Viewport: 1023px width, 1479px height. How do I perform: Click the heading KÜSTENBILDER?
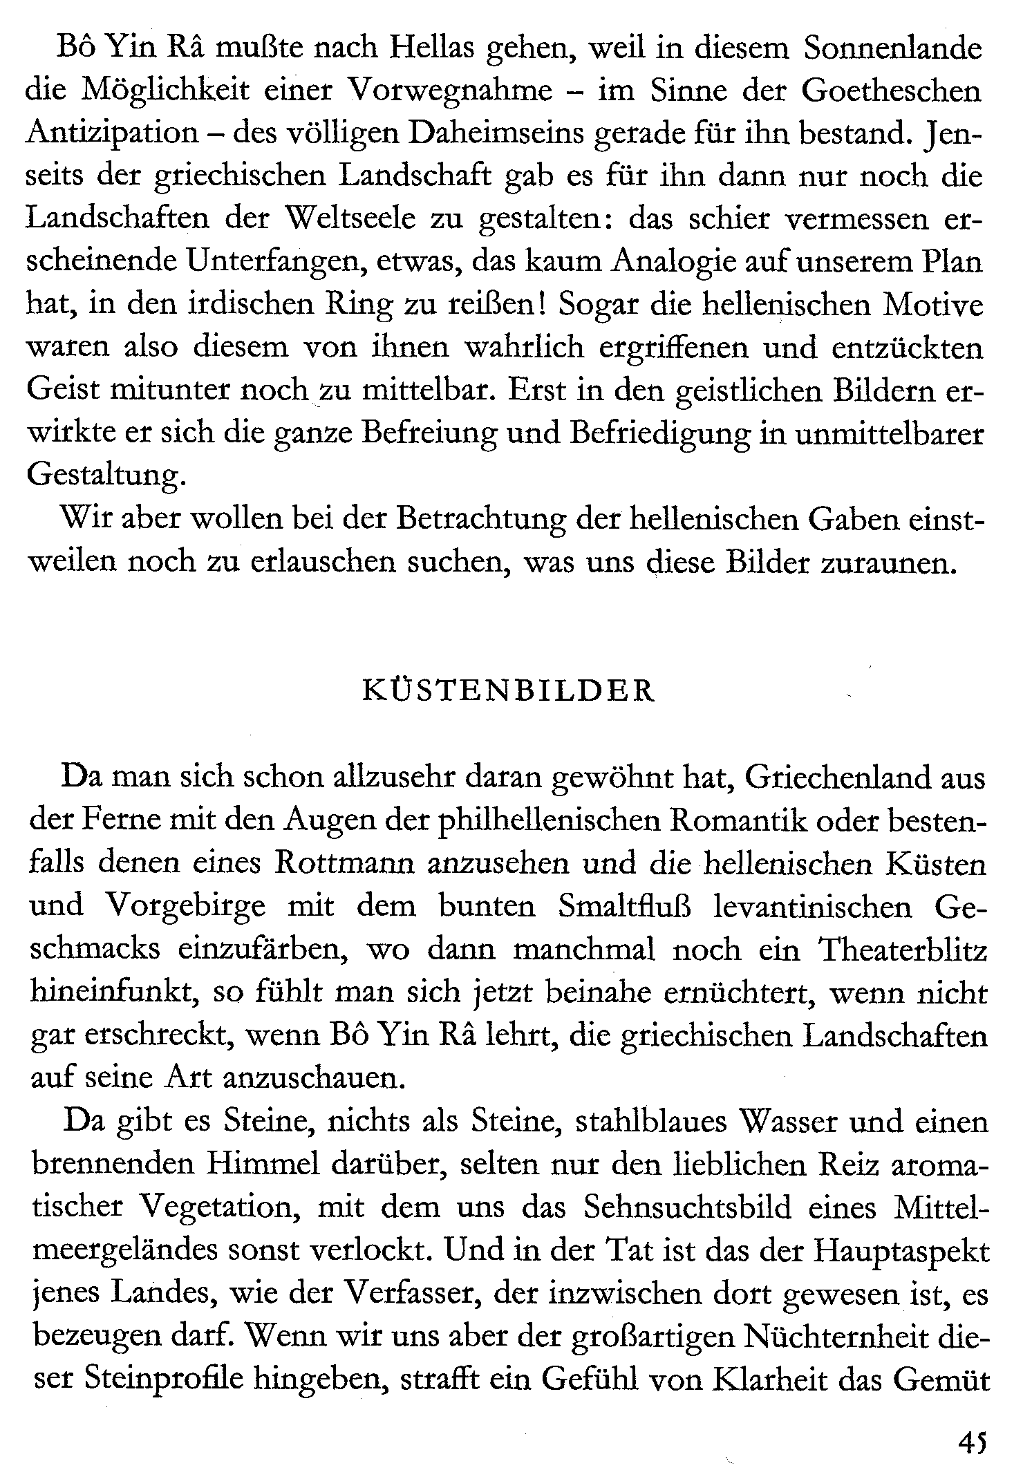[x=508, y=693]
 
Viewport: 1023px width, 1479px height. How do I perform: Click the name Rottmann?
[x=346, y=865]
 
